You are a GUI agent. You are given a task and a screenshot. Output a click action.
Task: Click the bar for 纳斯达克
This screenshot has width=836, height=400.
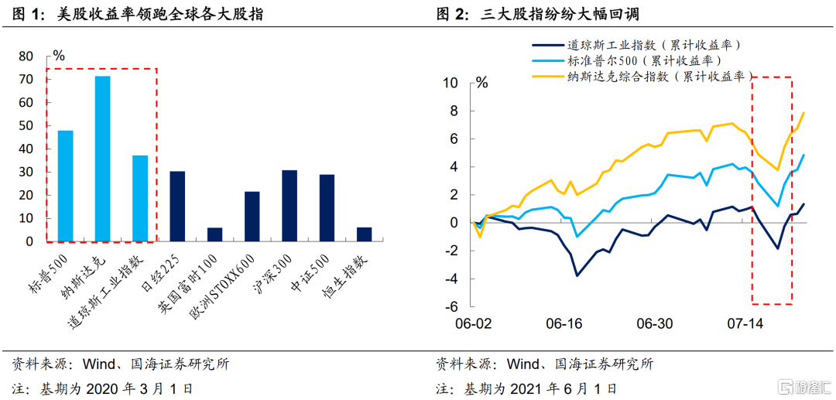[102, 159]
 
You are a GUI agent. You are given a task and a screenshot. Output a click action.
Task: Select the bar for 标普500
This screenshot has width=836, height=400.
[65, 186]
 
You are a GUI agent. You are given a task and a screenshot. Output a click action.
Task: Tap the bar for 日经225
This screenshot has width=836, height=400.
[177, 206]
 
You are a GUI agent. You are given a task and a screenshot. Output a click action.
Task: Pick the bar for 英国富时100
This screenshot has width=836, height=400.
[214, 234]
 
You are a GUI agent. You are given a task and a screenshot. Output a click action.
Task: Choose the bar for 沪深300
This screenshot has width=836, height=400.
[290, 205]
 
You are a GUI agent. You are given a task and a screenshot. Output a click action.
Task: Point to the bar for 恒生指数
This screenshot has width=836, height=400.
[364, 234]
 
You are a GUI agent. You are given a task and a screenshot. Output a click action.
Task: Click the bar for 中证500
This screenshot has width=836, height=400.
[327, 207]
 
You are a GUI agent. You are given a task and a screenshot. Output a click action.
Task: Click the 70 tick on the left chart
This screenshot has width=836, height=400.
[26, 80]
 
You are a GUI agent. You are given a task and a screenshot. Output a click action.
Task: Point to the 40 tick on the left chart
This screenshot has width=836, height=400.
[26, 149]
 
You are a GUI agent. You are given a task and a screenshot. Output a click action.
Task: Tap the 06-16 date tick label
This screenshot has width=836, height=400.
[563, 323]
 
